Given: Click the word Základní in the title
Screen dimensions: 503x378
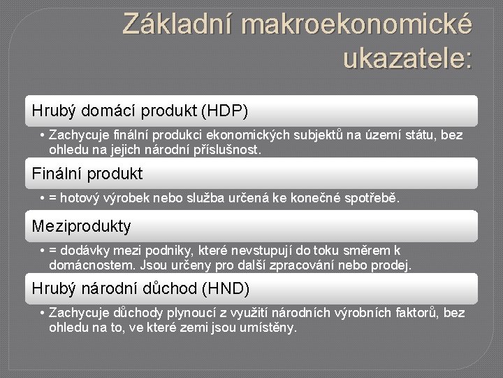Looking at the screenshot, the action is click(177, 23).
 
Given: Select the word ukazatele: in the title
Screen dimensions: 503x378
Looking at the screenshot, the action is click(408, 58).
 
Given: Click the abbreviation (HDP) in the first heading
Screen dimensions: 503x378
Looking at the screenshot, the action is click(225, 111).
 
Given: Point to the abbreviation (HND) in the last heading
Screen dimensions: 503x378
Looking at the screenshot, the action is click(226, 288).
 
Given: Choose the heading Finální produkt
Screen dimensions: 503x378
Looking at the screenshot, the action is click(87, 174).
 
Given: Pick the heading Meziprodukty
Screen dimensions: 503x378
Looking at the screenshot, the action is click(82, 226).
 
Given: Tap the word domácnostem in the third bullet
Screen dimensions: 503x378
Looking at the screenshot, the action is click(92, 265).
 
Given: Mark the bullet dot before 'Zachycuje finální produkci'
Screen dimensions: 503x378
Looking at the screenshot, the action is click(42, 135).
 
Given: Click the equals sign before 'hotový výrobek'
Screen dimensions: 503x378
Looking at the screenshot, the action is click(53, 198).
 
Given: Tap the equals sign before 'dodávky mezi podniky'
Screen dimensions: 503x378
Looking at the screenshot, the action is click(53, 251).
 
